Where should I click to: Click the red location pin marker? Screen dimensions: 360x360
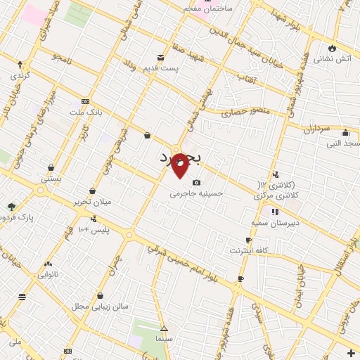(x=180, y=165)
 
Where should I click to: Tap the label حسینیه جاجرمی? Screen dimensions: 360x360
(x=196, y=193)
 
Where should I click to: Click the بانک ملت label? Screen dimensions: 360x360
(x=86, y=112)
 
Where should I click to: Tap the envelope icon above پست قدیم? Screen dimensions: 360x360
(x=162, y=57)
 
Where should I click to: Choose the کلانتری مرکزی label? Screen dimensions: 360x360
(x=276, y=193)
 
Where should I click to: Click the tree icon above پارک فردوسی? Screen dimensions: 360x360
(x=11, y=207)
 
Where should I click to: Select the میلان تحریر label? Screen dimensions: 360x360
(x=93, y=202)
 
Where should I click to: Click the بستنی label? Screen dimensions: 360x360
(x=51, y=178)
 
